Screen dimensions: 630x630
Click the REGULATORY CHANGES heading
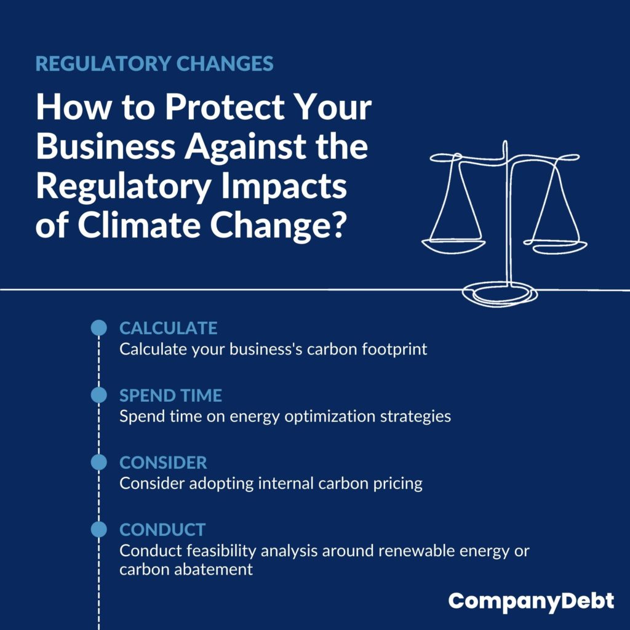coord(154,63)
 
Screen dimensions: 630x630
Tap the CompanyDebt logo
coord(531,602)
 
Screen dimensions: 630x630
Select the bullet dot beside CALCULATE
coord(99,328)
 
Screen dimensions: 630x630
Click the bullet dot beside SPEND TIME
coord(99,395)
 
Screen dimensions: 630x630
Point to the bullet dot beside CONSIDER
coord(99,462)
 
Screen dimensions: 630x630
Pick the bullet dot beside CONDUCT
coord(99,529)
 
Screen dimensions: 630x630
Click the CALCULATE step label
coord(169,329)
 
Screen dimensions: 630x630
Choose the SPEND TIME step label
coord(170,396)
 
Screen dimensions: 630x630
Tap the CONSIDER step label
coord(163,463)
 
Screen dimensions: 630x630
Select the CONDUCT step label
coord(162,530)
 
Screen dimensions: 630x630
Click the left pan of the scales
coord(453,246)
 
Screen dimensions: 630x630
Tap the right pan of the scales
coord(556,247)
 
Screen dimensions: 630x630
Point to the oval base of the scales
coord(500,295)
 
